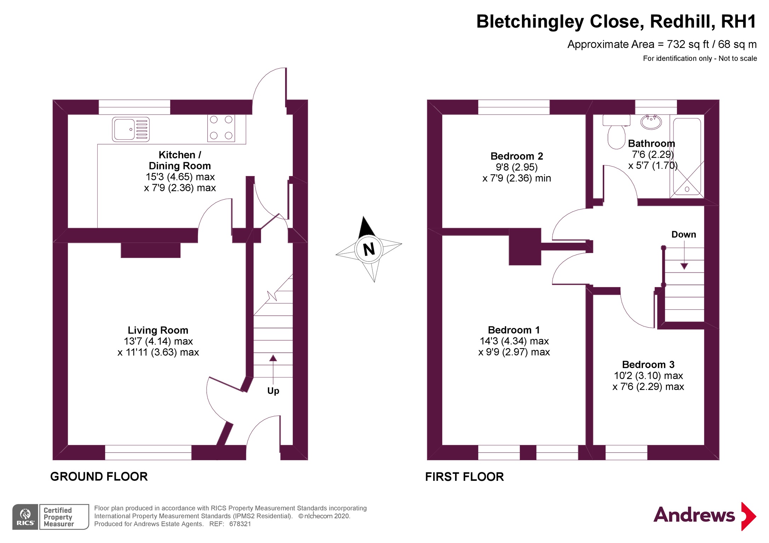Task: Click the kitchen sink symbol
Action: click(x=131, y=129)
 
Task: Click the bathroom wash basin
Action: click(x=651, y=122)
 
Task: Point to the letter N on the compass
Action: click(x=369, y=249)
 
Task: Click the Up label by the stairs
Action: click(x=273, y=391)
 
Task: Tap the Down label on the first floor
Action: click(x=683, y=234)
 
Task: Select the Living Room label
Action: click(x=158, y=330)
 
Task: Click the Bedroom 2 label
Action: click(x=516, y=156)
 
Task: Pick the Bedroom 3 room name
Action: click(x=648, y=364)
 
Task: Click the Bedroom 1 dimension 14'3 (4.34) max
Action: click(x=514, y=341)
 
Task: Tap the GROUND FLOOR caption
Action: click(x=99, y=477)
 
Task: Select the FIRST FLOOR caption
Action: click(x=464, y=477)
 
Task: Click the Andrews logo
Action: click(x=704, y=516)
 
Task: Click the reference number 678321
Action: click(x=240, y=524)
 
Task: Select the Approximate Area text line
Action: click(x=662, y=44)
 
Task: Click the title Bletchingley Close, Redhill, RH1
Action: click(x=616, y=22)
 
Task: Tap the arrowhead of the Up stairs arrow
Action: click(x=273, y=358)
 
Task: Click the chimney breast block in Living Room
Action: click(x=150, y=250)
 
